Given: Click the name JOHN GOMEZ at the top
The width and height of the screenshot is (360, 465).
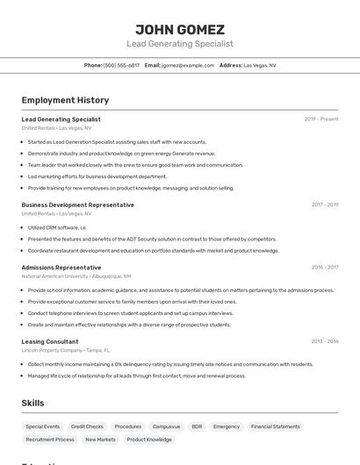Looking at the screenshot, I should (x=180, y=29).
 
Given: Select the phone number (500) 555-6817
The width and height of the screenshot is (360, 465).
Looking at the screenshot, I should (x=121, y=65).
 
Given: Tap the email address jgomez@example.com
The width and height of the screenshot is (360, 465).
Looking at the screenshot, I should (x=188, y=65).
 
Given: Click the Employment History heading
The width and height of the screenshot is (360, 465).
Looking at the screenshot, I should (x=65, y=100).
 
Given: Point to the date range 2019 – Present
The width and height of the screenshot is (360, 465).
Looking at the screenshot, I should (x=321, y=119).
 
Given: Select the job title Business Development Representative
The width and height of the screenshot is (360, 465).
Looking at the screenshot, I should (x=77, y=204).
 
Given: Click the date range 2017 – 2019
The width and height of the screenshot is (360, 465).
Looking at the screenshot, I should (x=324, y=205).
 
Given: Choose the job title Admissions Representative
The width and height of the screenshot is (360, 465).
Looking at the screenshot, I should (x=61, y=267).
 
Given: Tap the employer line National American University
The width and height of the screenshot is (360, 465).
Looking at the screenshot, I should (x=76, y=276).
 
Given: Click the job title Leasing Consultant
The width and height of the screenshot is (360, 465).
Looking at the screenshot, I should (x=49, y=341).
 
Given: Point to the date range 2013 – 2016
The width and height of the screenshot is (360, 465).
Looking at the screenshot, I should (x=324, y=341).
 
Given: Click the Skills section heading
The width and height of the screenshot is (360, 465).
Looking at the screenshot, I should (x=32, y=403).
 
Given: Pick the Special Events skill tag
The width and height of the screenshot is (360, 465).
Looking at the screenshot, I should (x=43, y=426).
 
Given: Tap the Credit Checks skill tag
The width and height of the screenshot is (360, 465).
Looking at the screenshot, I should (x=87, y=426).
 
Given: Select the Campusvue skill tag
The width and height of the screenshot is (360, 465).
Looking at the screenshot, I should (x=166, y=426).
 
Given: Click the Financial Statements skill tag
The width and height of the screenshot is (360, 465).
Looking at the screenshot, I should (x=275, y=426).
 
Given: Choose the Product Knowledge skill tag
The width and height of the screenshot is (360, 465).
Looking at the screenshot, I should (x=149, y=440).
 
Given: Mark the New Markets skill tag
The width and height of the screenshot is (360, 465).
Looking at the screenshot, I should (x=100, y=440).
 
